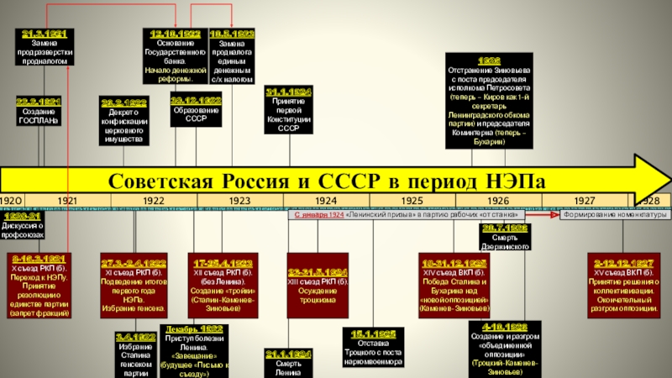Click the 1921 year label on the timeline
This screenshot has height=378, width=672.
click(x=67, y=201)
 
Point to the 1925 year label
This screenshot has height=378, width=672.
click(x=412, y=201)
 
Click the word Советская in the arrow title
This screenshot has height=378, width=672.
click(x=163, y=181)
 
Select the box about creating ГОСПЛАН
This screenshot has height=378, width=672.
click(x=39, y=112)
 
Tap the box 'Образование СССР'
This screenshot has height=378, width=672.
click(x=197, y=111)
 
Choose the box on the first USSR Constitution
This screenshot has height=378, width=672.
click(x=288, y=110)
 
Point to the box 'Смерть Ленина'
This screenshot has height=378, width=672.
click(x=288, y=362)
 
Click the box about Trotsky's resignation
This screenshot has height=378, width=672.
click(x=375, y=349)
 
